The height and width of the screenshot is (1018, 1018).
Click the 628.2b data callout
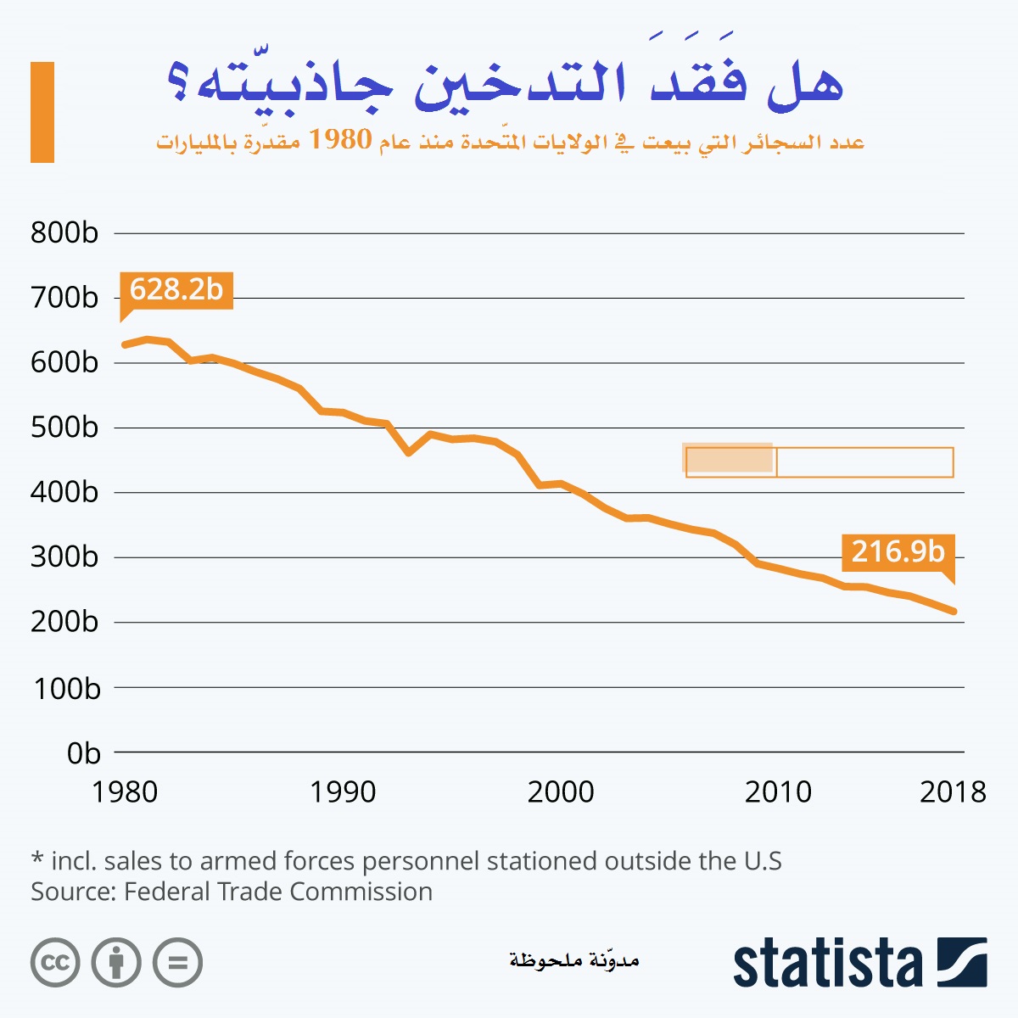click(176, 290)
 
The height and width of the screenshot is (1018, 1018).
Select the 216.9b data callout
click(898, 552)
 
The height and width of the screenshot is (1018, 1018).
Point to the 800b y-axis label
click(64, 233)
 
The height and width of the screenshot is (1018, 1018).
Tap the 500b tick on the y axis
click(64, 428)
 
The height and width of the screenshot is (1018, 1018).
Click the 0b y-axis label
click(83, 753)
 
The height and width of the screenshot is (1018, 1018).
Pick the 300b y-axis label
click(64, 557)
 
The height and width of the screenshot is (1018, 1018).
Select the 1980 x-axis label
click(125, 792)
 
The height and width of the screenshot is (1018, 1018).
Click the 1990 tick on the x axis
click(342, 792)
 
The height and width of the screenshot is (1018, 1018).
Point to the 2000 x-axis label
click(560, 792)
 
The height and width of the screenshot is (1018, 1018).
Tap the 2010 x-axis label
click(778, 792)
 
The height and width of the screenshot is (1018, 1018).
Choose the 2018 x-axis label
click(953, 792)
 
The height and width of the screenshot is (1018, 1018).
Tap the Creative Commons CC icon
click(55, 963)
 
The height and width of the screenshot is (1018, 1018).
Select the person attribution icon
click(116, 963)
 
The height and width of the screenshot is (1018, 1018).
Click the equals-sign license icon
click(177, 963)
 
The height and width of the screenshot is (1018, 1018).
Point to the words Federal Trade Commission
click(278, 892)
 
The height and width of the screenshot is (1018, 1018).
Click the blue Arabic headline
click(506, 85)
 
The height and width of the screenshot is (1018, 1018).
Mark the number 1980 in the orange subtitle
click(340, 139)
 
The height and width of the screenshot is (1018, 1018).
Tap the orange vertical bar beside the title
click(42, 112)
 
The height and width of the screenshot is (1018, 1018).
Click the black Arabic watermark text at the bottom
click(573, 959)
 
